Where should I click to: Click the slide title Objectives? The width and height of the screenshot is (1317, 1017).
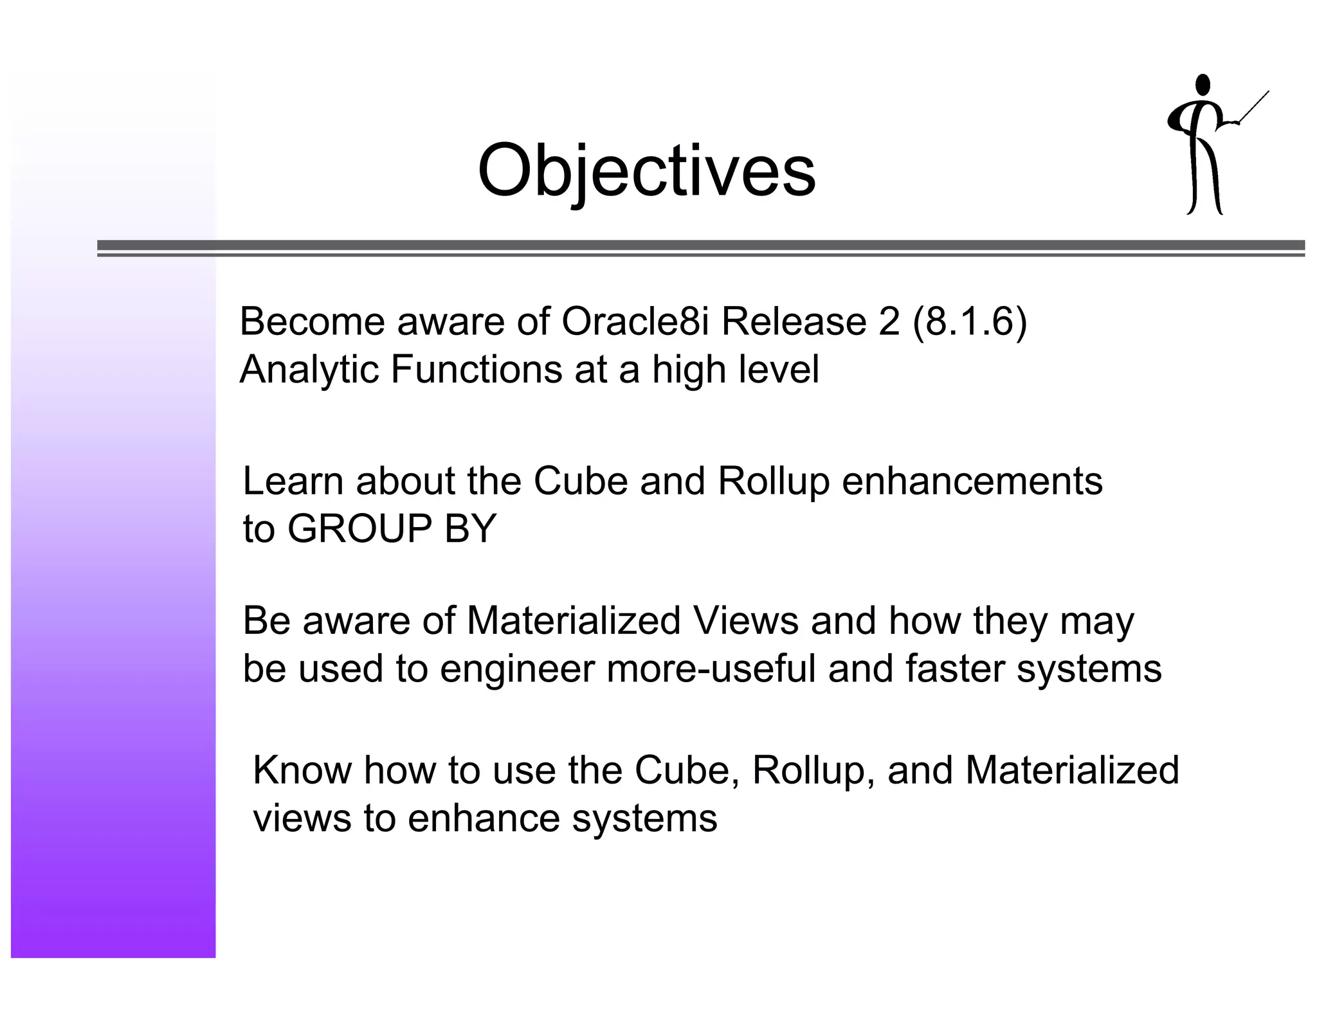(646, 171)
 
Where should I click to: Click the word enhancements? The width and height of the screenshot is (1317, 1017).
(972, 481)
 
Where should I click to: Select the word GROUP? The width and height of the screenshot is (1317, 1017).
(359, 529)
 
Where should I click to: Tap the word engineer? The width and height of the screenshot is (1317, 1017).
(517, 669)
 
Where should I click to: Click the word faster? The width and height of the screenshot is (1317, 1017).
(954, 669)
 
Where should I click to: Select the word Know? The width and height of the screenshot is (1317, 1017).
(302, 770)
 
